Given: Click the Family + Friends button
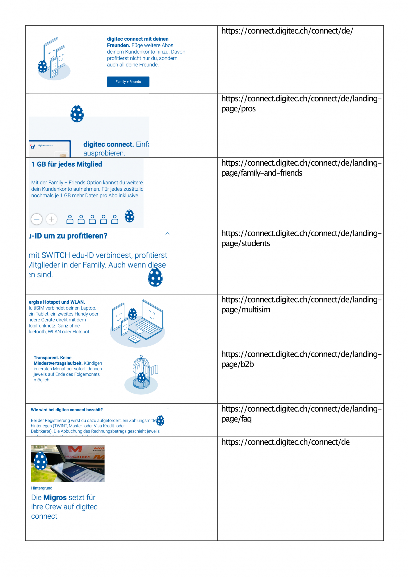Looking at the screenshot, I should click(128, 82).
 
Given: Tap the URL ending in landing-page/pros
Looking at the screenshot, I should click(301, 103).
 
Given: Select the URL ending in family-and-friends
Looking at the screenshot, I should click(301, 168).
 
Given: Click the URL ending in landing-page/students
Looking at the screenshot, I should click(301, 238).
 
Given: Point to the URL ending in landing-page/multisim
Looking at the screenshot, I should click(301, 304).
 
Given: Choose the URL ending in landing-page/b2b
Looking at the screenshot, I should click(301, 359).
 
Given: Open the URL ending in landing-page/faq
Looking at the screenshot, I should click(301, 414).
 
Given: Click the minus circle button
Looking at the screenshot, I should click(37, 219).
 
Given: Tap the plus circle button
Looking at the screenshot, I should click(52, 219).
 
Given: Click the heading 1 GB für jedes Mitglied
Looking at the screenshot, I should click(67, 164).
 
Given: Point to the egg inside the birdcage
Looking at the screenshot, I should click(142, 377).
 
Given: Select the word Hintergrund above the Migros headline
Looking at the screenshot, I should click(42, 488).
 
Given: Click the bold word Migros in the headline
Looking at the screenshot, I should click(55, 498).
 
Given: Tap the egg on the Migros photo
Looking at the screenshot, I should click(41, 461).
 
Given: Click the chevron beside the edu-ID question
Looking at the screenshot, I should click(167, 234).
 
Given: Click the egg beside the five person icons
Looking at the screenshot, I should click(129, 216).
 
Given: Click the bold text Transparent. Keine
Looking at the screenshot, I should click(53, 358).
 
